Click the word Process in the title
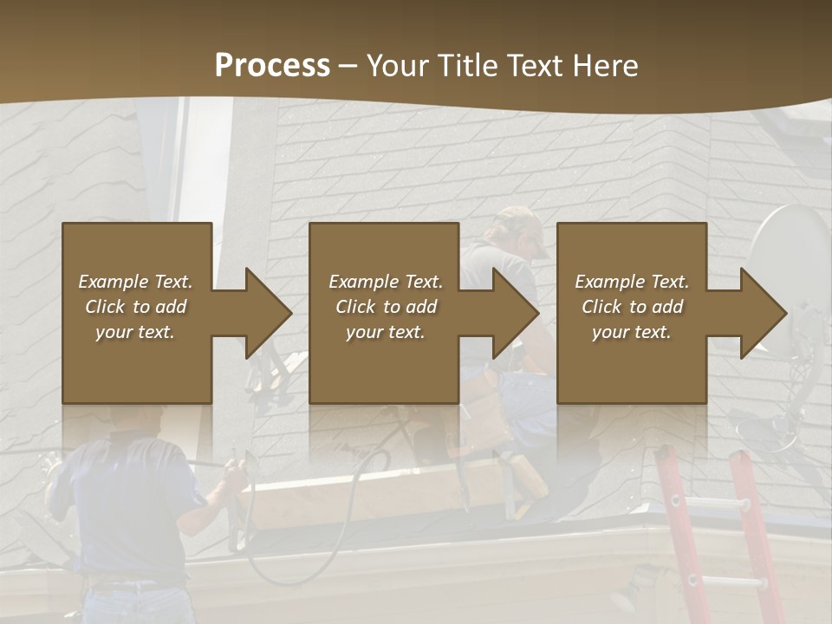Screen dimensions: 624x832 click(272, 65)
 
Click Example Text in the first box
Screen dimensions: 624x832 click(135, 282)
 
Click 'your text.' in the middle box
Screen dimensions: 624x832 click(385, 332)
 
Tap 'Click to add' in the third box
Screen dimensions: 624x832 click(632, 307)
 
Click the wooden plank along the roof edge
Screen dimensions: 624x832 click(381, 485)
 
